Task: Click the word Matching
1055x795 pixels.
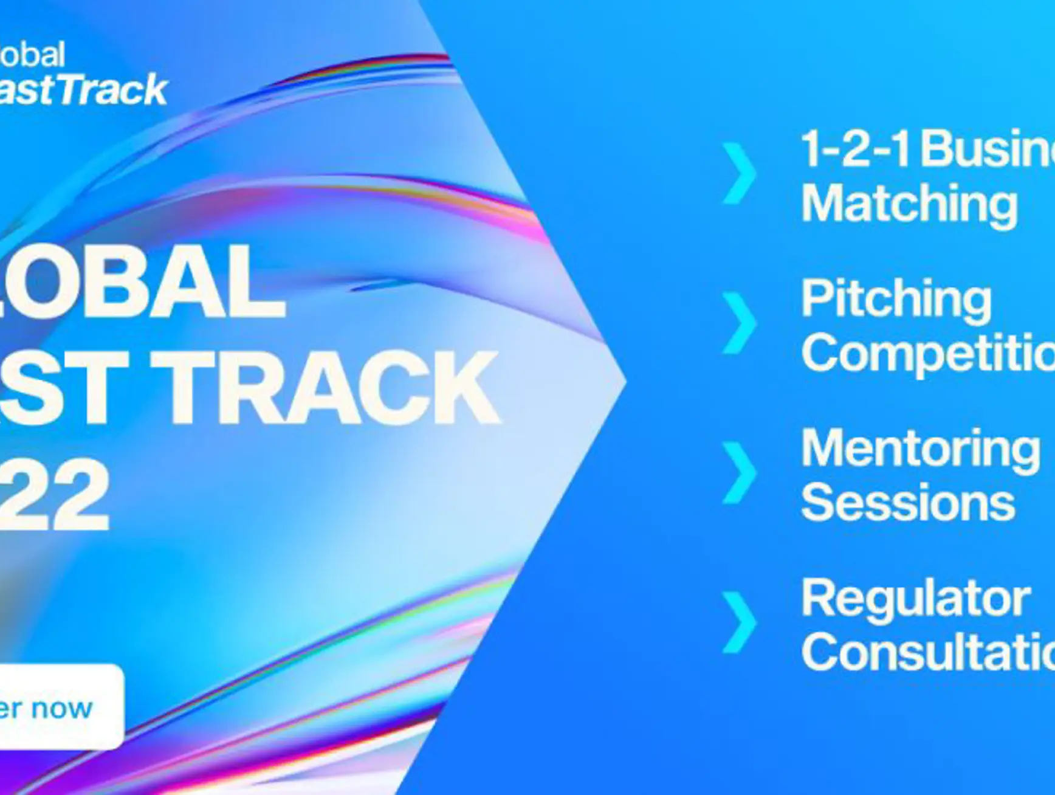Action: point(909,204)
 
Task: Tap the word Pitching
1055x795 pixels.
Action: point(896,298)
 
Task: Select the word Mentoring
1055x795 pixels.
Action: point(920,449)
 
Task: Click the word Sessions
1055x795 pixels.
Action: point(908,502)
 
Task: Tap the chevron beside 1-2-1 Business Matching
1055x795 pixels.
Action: point(740,173)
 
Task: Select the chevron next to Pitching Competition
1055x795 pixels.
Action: point(740,322)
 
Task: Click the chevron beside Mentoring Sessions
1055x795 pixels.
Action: point(740,472)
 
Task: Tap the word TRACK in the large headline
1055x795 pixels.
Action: point(325,387)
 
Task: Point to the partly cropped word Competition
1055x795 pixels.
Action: point(927,353)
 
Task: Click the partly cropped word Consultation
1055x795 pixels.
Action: point(927,652)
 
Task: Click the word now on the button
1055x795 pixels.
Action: point(62,708)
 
